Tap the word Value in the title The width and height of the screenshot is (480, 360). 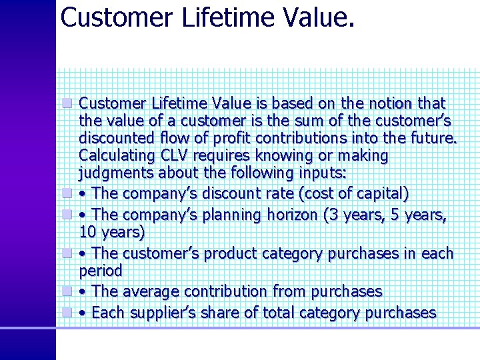pos(317,17)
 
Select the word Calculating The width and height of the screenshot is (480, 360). pos(115,156)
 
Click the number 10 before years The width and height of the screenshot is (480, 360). pos(87,233)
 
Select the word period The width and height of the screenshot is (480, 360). pos(101,271)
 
